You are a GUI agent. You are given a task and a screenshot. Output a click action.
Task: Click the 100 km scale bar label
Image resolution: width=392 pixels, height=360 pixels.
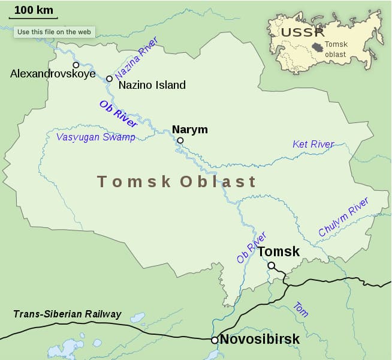pos(33,10)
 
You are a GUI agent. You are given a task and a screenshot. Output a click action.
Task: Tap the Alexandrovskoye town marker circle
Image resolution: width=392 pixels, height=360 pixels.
pos(76,65)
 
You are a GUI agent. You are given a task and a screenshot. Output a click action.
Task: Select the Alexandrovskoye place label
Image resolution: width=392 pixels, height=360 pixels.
pos(53,74)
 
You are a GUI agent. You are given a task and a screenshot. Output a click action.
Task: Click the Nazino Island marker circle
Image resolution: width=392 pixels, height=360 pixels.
pos(109,79)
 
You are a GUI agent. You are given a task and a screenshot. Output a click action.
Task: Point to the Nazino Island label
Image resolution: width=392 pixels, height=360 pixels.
pos(152,85)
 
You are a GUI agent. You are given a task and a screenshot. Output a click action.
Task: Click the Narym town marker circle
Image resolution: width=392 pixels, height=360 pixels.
pos(180,140)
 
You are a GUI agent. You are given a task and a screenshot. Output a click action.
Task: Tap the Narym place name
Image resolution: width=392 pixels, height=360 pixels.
pos(189,130)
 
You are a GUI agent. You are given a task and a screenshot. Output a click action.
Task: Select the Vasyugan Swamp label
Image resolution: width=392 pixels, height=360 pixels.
pos(95,137)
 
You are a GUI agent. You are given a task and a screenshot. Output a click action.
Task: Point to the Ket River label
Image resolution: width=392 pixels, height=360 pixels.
pos(313,144)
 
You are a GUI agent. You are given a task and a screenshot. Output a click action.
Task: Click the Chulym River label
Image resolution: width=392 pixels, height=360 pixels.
pos(343,217)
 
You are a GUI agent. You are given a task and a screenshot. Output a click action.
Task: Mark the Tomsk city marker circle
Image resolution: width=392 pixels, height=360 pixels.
pos(272,265)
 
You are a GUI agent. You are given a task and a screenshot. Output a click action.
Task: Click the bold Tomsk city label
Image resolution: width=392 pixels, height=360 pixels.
pos(278,252)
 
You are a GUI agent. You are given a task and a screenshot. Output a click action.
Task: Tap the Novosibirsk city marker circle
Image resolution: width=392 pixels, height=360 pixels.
pos(215,340)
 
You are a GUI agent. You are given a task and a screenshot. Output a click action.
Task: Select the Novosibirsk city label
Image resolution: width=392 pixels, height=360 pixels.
pos(260,340)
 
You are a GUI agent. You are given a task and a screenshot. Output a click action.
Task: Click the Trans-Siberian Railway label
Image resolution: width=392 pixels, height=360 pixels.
pos(67,314)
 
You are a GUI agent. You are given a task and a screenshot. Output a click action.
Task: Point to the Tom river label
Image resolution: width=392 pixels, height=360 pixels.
pos(301,310)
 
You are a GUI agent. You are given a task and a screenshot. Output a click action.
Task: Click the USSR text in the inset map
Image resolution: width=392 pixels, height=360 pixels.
pos(303,32)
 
